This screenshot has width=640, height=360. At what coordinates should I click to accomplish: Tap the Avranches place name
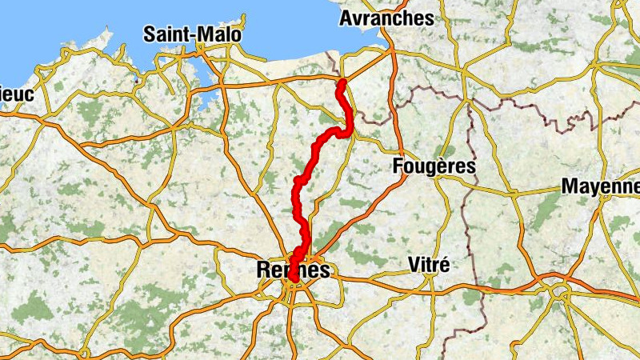click(x=386, y=18)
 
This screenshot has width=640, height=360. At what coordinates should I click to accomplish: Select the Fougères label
click(x=435, y=166)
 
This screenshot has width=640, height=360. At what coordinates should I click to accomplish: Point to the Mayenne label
click(x=600, y=186)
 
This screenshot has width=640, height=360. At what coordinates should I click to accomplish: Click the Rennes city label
click(x=294, y=270)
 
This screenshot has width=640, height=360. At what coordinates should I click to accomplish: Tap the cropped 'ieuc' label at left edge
click(x=16, y=94)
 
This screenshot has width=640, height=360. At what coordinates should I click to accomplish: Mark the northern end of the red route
click(x=342, y=82)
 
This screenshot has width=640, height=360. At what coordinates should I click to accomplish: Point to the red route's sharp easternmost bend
click(x=350, y=128)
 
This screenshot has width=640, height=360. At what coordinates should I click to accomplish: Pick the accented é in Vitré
click(x=446, y=263)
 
